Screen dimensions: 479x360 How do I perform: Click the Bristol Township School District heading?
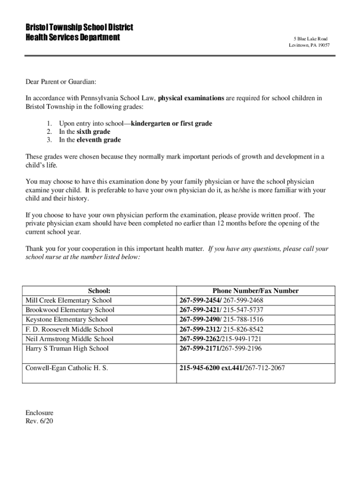79,27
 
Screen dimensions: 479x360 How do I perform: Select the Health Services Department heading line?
72,37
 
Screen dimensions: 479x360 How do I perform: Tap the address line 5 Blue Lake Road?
310,38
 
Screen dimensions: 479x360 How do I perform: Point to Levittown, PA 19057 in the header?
309,45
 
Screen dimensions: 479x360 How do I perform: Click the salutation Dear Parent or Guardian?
61,82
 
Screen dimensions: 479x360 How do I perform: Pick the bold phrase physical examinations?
191,98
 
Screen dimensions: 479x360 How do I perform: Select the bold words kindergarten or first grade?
172,123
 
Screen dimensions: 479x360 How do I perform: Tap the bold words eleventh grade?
99,140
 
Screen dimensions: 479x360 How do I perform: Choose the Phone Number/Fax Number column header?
255,291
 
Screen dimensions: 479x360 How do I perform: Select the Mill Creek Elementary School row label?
69,300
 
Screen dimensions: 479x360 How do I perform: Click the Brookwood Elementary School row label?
70,310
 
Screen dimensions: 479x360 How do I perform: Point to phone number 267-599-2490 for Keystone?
200,319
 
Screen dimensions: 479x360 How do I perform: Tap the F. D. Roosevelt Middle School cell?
69,329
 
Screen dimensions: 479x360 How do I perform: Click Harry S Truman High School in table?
67,348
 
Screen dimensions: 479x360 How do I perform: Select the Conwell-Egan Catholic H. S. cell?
67,368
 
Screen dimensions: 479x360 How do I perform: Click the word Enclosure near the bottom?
39,413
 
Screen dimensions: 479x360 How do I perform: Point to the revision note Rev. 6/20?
39,421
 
